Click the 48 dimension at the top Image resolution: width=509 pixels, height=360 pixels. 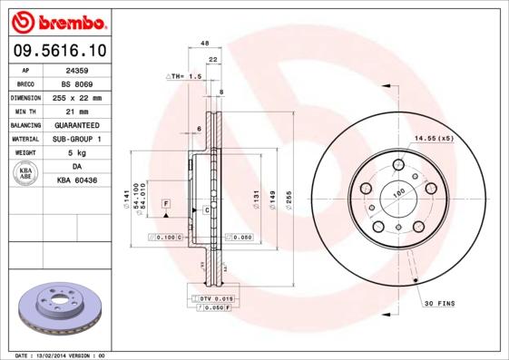coord(205,44)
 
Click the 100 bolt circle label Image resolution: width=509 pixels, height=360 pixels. coord(396,193)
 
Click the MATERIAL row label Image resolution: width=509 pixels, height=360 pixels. coord(24,139)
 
